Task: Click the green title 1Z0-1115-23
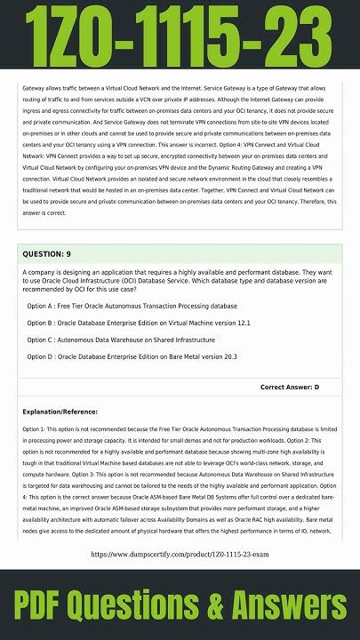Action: [x=180, y=33]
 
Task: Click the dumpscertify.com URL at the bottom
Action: [x=180, y=554]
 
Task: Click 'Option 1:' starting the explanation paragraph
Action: [x=36, y=428]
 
